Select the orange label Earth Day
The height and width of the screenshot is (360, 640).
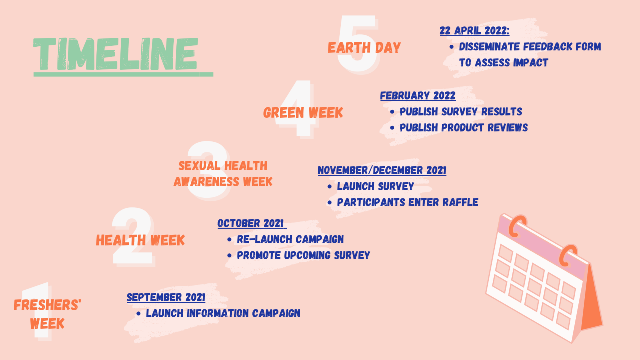(364, 48)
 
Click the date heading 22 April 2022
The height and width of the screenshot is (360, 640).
(474, 31)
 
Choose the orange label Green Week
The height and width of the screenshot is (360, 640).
(303, 113)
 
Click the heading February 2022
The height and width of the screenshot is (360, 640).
(418, 96)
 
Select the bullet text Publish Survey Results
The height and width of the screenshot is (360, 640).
(460, 111)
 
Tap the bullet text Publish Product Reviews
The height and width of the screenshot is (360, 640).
(463, 127)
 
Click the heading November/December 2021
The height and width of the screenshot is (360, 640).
(382, 170)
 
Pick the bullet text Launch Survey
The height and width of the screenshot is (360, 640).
(375, 186)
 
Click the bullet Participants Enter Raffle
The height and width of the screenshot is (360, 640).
(407, 202)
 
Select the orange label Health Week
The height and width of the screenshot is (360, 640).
(140, 240)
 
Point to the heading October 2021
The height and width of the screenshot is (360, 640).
(251, 223)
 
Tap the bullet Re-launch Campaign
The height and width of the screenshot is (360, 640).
(290, 239)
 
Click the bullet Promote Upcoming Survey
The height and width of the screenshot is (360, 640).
(303, 255)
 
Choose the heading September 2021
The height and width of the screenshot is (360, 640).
(166, 297)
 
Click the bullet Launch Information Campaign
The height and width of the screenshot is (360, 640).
(223, 313)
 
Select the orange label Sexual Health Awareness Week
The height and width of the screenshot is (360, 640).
(223, 173)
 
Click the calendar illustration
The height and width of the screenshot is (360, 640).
(542, 277)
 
